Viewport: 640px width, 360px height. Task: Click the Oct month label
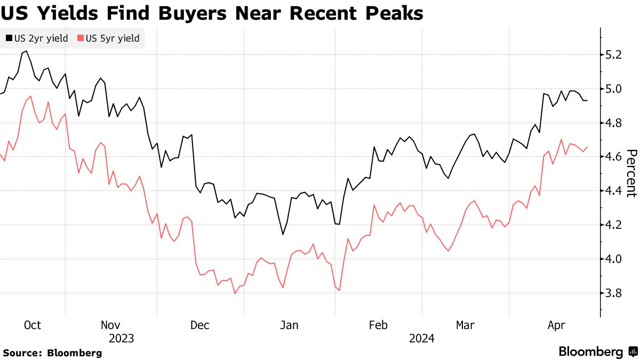(x=33, y=325)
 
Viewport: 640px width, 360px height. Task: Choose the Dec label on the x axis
(x=200, y=325)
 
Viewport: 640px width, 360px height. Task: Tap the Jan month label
(x=290, y=325)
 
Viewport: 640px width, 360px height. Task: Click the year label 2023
(x=122, y=338)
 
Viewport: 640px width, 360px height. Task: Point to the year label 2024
(x=422, y=338)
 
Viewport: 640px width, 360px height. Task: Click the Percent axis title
(x=630, y=173)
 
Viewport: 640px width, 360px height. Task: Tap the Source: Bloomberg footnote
(x=52, y=353)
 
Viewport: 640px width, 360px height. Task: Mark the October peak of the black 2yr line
(x=25, y=51)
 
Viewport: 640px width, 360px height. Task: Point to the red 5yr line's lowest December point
(x=235, y=293)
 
